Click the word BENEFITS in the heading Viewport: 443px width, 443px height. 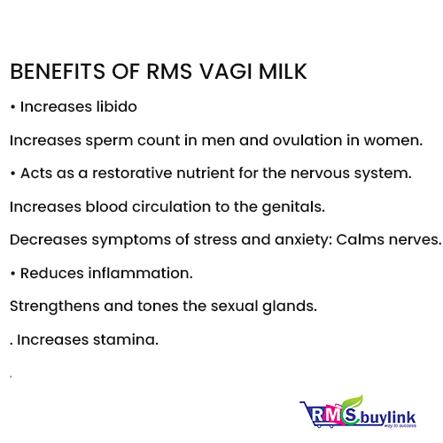click(58, 72)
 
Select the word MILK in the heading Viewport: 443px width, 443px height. click(283, 72)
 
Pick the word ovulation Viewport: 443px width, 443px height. click(307, 140)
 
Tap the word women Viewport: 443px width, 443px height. click(393, 141)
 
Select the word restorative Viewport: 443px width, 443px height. click(132, 173)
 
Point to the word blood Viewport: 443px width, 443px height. click(106, 206)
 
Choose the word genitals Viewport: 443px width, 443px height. click(293, 207)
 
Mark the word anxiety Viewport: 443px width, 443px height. click(301, 240)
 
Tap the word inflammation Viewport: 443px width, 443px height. click(140, 273)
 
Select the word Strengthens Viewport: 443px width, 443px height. click(55, 307)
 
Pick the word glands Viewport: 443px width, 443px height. click(290, 307)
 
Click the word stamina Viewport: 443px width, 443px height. click(126, 339)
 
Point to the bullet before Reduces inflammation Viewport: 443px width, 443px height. click(12, 274)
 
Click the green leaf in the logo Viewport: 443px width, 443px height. click(354, 403)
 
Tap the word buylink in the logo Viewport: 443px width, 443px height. click(387, 417)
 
